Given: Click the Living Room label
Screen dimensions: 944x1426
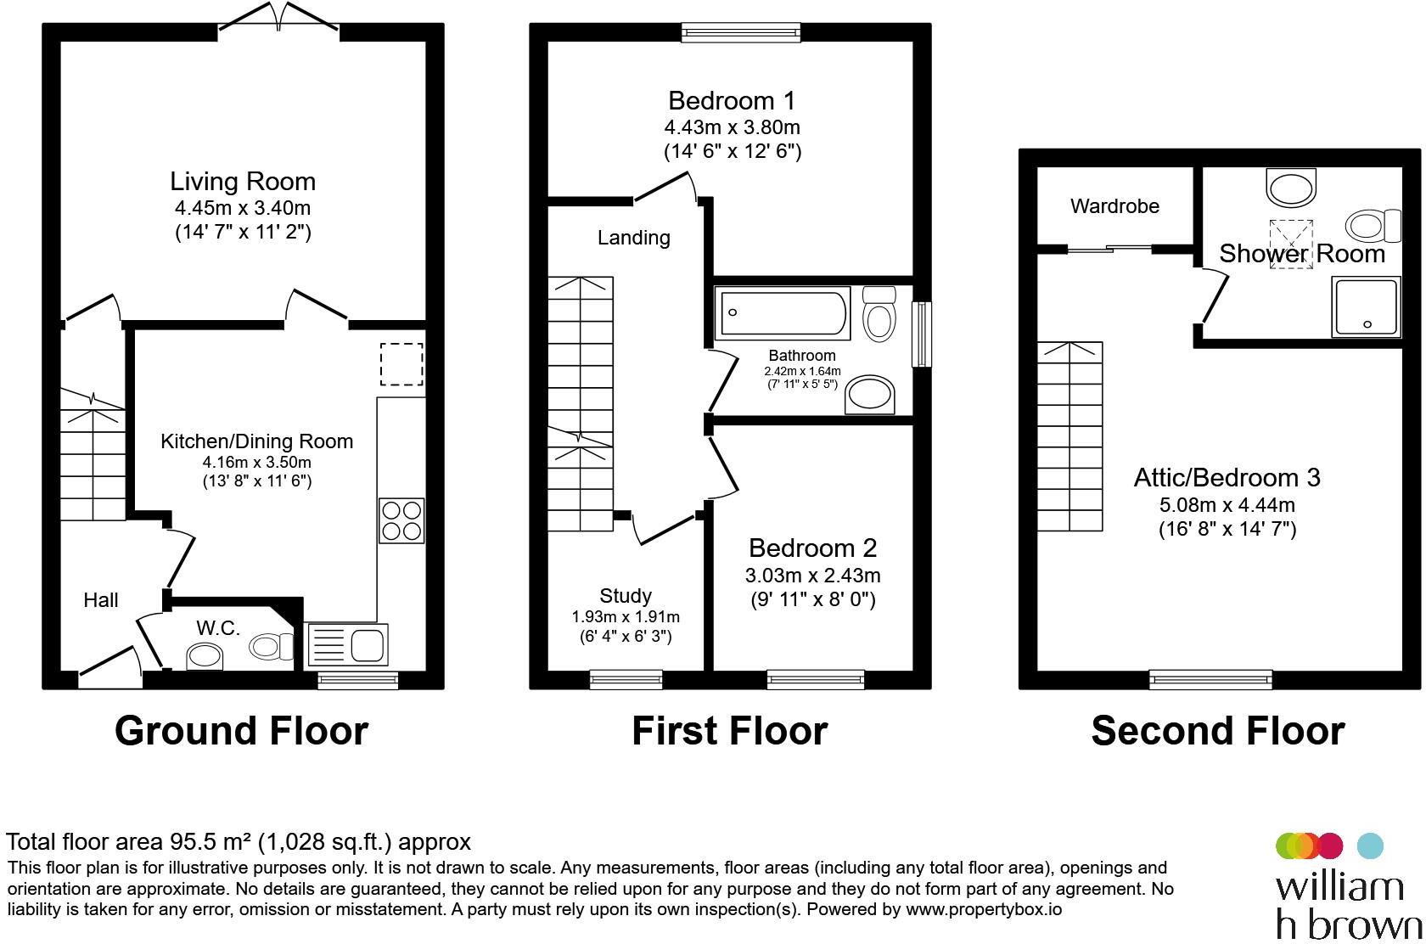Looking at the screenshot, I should click(243, 182).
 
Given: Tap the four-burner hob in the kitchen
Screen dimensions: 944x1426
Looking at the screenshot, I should click(401, 520).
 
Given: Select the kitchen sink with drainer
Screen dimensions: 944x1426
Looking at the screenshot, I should click(347, 644).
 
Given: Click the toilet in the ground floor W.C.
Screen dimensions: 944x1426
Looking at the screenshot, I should click(270, 648).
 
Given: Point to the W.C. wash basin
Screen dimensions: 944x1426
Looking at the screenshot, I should click(205, 655).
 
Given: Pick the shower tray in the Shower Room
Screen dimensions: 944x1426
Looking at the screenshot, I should click(1365, 306).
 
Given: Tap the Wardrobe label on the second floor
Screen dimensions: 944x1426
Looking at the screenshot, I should click(1114, 206).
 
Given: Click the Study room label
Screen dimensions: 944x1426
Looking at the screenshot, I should click(625, 596).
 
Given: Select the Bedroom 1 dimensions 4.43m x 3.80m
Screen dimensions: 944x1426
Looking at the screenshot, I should click(732, 127).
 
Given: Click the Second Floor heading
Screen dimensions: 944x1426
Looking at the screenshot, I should click(1217, 731).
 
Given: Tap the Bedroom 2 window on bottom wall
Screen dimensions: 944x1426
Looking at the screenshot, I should click(815, 678).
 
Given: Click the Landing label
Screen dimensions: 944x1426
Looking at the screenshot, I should click(633, 238).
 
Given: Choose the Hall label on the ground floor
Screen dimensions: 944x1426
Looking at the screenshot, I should click(100, 600).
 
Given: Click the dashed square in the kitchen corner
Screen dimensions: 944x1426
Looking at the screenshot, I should click(401, 363).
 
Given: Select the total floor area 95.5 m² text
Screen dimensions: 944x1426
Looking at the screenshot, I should click(238, 842).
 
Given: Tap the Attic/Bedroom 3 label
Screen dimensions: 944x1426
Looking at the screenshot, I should click(1227, 478).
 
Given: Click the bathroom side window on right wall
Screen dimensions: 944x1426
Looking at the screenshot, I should click(922, 334).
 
